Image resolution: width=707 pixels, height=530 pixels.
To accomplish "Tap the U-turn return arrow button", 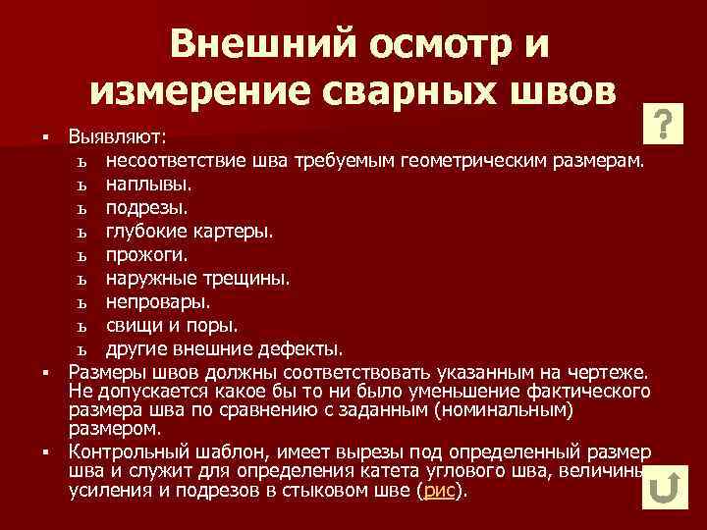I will tap(666, 487).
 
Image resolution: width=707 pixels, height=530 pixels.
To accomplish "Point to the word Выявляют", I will tap(117, 134).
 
